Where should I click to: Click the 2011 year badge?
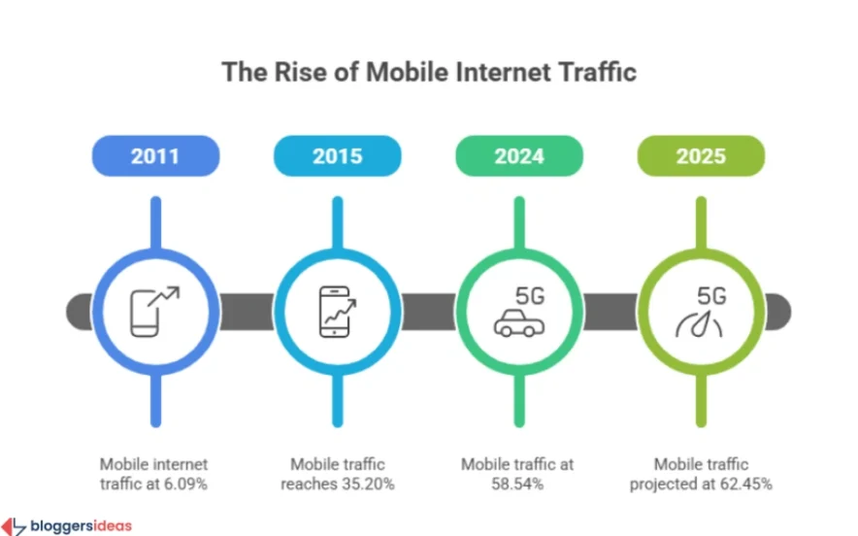[x=155, y=155]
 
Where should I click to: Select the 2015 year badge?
[x=337, y=155]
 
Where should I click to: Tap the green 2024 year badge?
[x=519, y=155]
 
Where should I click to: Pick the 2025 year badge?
[x=701, y=155]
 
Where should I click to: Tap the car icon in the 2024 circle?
[x=517, y=324]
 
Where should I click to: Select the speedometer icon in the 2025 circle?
[x=699, y=325]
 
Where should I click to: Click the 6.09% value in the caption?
[x=185, y=483]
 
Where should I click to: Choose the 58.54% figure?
[x=518, y=483]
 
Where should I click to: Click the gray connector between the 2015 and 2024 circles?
[x=428, y=311]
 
